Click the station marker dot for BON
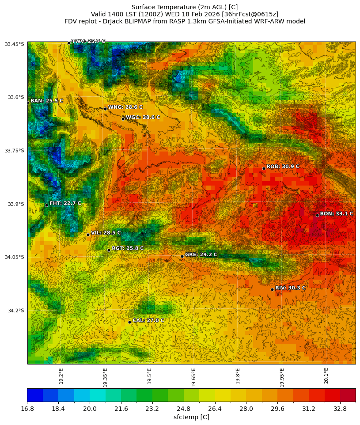317,215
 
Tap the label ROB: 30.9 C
283,167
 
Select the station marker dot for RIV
272,289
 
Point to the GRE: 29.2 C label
201,254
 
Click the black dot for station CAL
129,322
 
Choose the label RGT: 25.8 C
128,248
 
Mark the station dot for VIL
88,235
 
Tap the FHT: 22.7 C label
65,203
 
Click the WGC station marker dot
123,119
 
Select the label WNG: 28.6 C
125,107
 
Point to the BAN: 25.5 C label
47,101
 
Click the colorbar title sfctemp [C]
191,417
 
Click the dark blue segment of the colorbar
35,395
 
